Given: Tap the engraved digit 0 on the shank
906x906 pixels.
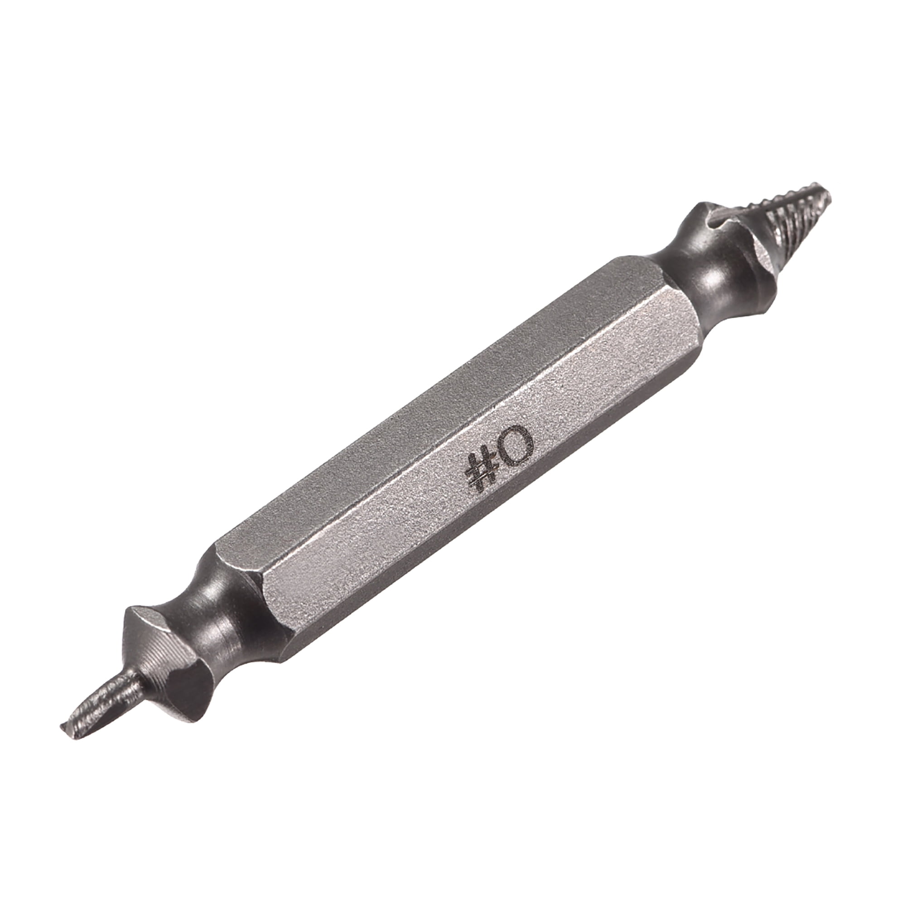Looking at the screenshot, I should (516, 445).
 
